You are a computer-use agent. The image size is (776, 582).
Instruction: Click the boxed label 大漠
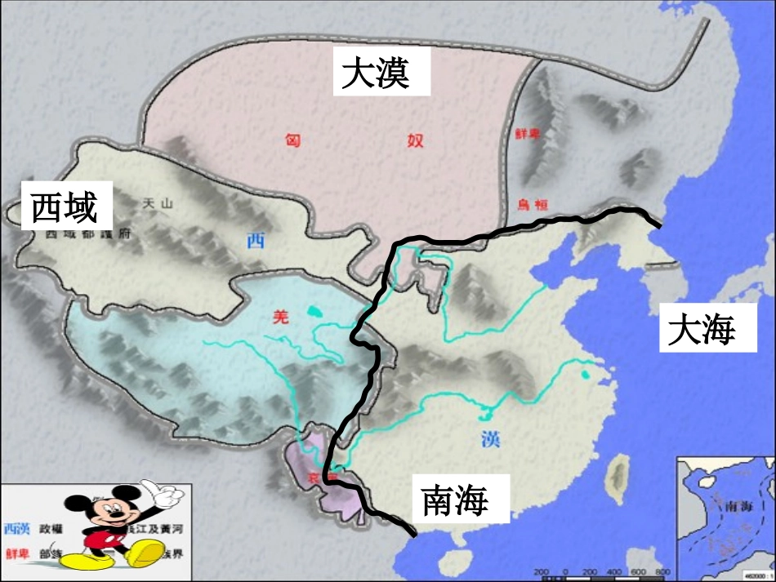point(375,73)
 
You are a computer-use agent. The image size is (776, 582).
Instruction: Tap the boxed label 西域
point(65,207)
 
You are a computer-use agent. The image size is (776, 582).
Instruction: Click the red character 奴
point(415,140)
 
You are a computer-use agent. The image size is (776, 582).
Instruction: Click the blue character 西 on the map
point(256,239)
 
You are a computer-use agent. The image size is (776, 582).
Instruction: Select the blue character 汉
point(490,439)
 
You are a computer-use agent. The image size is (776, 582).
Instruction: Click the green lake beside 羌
point(314,311)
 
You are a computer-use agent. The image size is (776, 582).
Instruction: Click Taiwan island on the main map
point(619,473)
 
